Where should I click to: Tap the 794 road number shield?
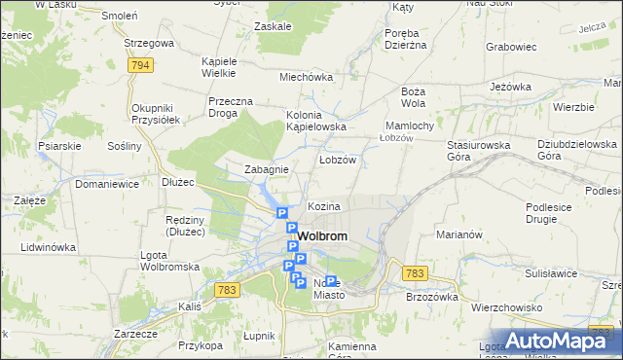tap(142, 65)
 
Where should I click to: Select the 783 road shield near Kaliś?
tap(228, 290)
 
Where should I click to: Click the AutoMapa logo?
tap(564, 341)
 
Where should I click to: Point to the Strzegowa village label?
tap(149, 43)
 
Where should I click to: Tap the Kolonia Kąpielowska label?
tap(316, 122)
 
